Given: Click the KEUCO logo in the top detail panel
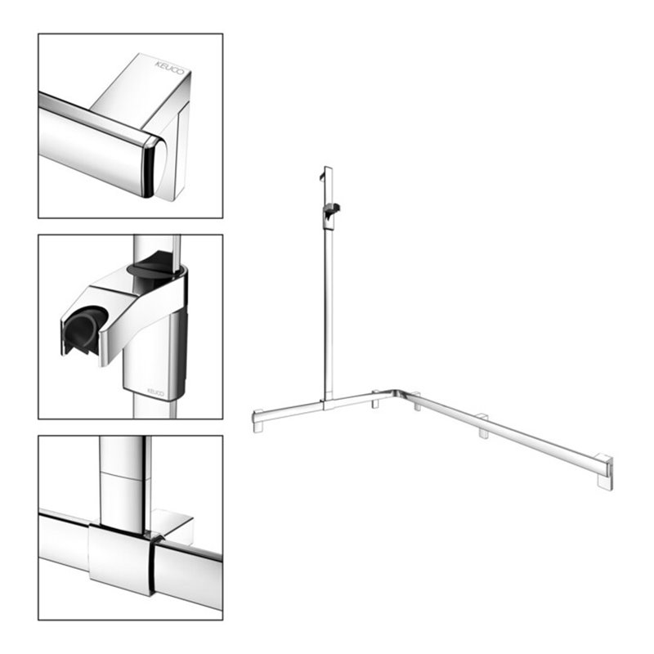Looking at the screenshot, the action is pyautogui.click(x=169, y=69).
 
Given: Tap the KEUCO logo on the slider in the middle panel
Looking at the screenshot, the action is pyautogui.click(x=155, y=392).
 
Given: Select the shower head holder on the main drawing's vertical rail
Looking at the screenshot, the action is pyautogui.click(x=333, y=212).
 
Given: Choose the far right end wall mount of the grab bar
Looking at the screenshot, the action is pyautogui.click(x=605, y=472).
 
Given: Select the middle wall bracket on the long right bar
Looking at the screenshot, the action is pyautogui.click(x=483, y=426).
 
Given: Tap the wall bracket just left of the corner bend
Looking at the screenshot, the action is pyautogui.click(x=376, y=400).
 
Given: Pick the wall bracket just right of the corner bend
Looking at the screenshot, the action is pyautogui.click(x=417, y=402).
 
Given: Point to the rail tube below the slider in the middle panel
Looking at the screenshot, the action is pyautogui.click(x=154, y=408).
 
